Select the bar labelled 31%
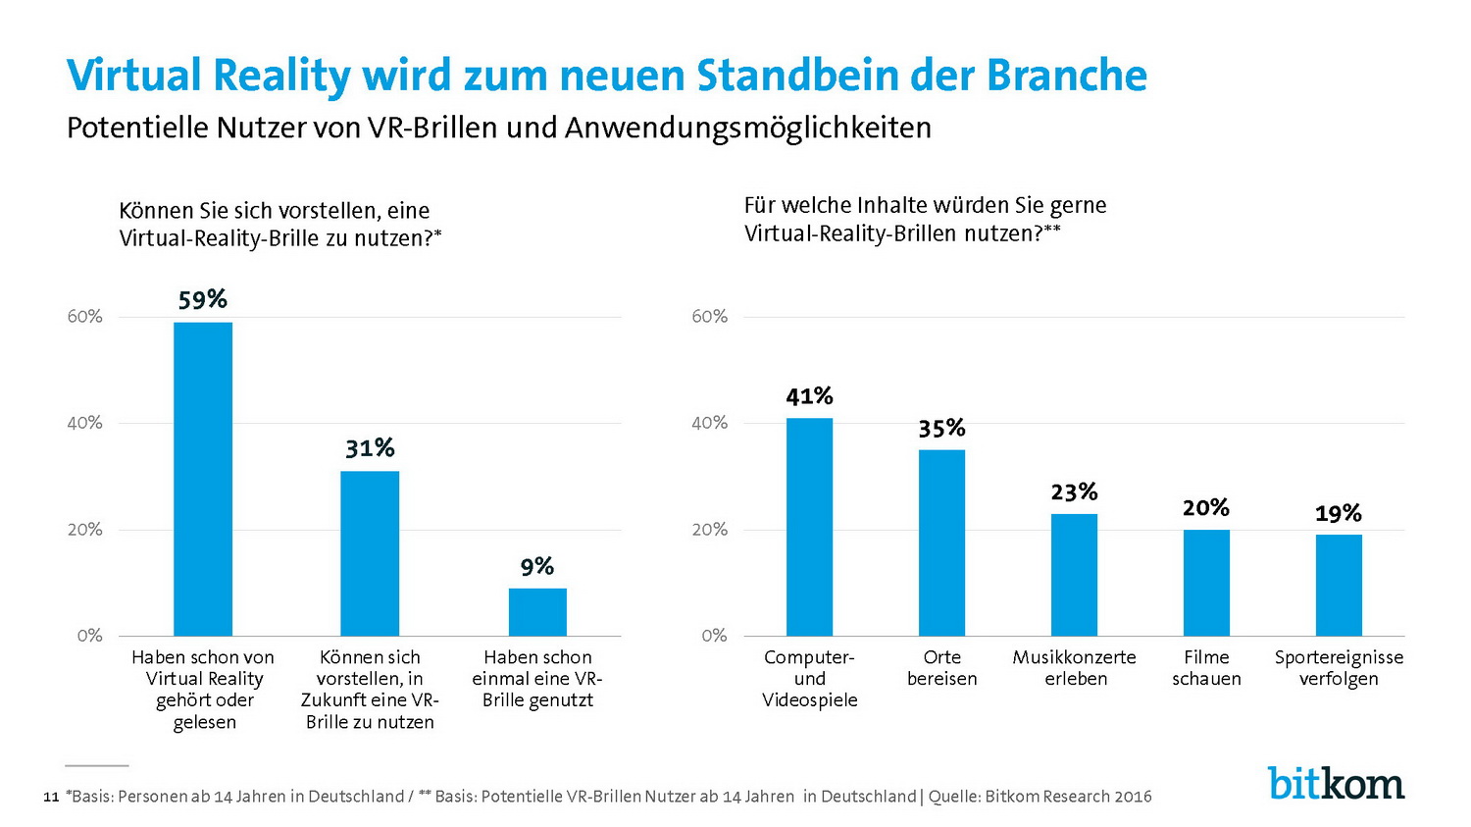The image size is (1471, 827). [370, 553]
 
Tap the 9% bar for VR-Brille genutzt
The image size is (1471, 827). [537, 612]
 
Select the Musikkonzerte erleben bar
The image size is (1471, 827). [1074, 575]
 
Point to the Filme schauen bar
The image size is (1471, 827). [1206, 583]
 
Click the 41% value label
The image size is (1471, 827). [809, 396]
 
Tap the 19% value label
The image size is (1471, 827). [1339, 513]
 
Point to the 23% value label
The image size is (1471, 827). [1074, 491]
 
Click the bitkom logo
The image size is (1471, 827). [1336, 783]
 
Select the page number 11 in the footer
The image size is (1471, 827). [52, 798]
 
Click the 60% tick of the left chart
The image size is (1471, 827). [84, 316]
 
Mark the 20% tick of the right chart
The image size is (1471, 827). [709, 530]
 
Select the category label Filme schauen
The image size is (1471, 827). [1206, 668]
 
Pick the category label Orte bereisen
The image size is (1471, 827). [941, 668]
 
